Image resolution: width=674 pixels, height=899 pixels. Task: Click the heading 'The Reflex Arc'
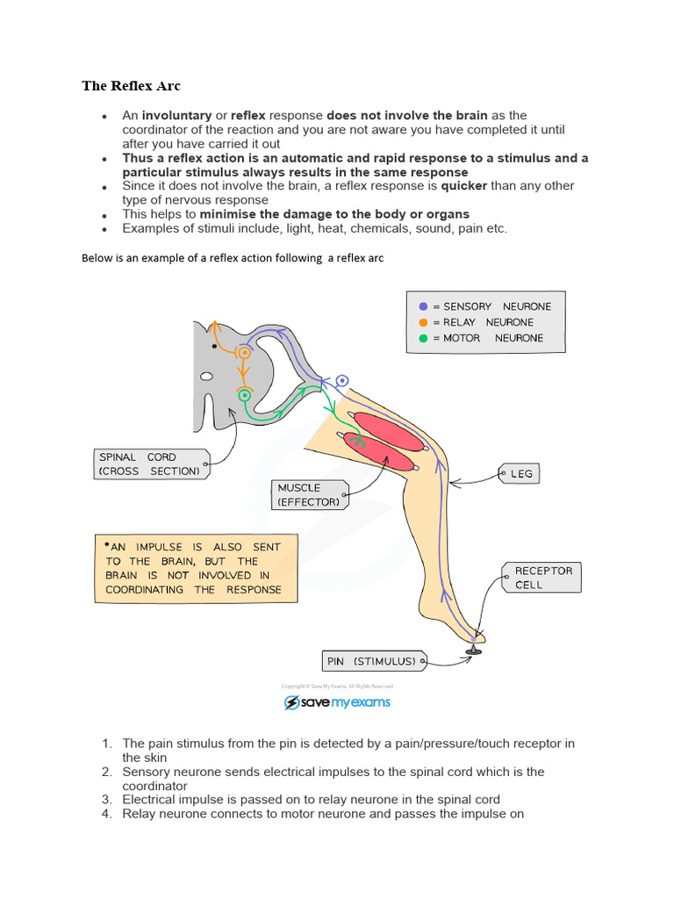pos(131,86)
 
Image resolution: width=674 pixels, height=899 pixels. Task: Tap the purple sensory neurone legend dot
pos(423,306)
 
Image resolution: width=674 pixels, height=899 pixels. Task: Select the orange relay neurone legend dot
pos(423,322)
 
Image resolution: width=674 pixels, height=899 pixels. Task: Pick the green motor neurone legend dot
pos(423,338)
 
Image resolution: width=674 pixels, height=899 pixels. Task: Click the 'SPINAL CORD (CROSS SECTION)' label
pos(149,464)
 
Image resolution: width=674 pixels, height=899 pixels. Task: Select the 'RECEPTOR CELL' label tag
pos(541,578)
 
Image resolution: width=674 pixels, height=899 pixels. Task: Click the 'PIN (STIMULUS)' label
pos(373,661)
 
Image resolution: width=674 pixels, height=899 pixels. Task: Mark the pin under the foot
pos(473,649)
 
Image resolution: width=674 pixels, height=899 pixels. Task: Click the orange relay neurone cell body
pos(243,353)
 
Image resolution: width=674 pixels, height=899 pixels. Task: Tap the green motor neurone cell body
pos(243,395)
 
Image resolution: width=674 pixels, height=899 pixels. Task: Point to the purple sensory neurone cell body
pos(342,380)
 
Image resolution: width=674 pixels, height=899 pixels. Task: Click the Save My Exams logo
pos(337,702)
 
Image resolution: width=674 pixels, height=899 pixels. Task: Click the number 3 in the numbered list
pos(105,800)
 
